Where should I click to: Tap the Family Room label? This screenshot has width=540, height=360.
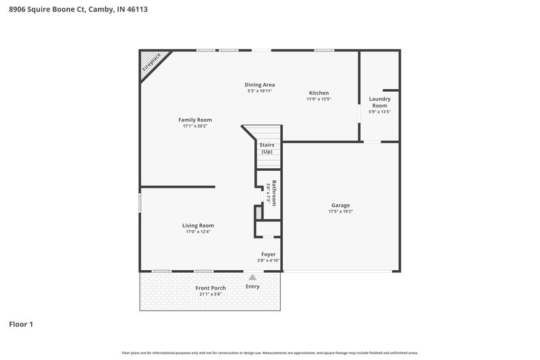click(x=195, y=120)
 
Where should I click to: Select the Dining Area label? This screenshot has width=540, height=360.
click(x=259, y=84)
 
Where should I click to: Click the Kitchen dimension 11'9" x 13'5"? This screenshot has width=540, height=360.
click(x=319, y=99)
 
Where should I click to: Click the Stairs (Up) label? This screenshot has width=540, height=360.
click(x=267, y=148)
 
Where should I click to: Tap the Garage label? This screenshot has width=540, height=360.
click(x=340, y=205)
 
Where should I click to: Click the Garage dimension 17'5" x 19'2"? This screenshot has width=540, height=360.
click(x=340, y=212)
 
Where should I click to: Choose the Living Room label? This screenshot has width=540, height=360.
click(x=198, y=226)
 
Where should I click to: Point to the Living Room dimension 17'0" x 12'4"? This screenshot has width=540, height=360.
click(x=198, y=232)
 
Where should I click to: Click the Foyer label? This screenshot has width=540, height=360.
click(x=268, y=254)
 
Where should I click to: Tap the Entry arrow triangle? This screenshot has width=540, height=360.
click(x=252, y=277)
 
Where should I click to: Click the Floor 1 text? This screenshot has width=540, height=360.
click(x=21, y=325)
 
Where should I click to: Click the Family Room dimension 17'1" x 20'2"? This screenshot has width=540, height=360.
click(x=195, y=126)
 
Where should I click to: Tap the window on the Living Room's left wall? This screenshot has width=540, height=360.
click(x=140, y=203)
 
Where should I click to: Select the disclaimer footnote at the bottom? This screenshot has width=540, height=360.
click(x=269, y=353)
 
